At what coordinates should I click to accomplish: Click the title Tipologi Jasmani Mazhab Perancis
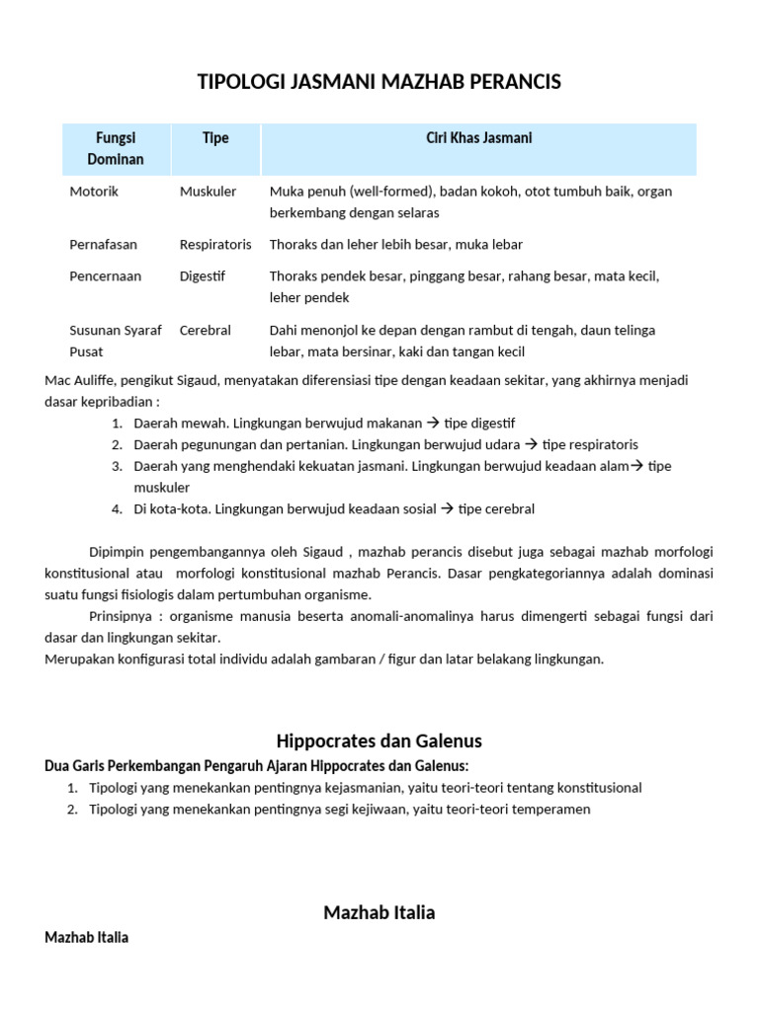pyautogui.click(x=379, y=83)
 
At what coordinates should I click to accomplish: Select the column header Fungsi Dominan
pyautogui.click(x=116, y=148)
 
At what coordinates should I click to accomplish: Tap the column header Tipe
pyautogui.click(x=215, y=138)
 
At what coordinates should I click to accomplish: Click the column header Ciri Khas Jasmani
pyautogui.click(x=478, y=138)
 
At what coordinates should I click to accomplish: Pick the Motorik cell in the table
pyautogui.click(x=94, y=192)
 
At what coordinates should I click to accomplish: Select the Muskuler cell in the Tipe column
pyautogui.click(x=208, y=192)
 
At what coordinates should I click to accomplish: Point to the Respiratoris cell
pyautogui.click(x=215, y=244)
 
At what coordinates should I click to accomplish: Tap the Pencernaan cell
pyautogui.click(x=106, y=276)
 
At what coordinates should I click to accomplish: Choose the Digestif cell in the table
pyautogui.click(x=203, y=276)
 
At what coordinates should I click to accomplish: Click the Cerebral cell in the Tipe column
pyautogui.click(x=205, y=331)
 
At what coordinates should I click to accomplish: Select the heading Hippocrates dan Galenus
pyautogui.click(x=379, y=740)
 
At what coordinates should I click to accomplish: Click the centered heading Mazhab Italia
pyautogui.click(x=379, y=912)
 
